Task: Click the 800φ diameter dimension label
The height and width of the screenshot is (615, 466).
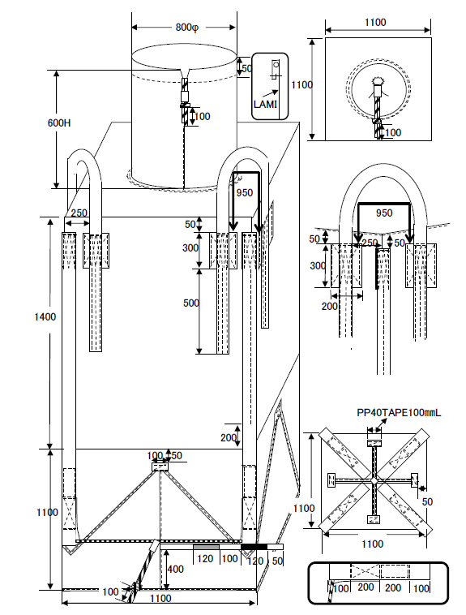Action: pyautogui.click(x=187, y=28)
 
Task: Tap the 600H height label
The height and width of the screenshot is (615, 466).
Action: pyautogui.click(x=59, y=123)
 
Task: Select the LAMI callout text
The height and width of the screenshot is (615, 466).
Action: pyautogui.click(x=265, y=105)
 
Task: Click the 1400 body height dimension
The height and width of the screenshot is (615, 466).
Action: pyautogui.click(x=45, y=316)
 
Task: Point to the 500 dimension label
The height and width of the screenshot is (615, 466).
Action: pyautogui.click(x=191, y=303)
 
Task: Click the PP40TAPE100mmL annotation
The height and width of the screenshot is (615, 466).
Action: pyautogui.click(x=399, y=413)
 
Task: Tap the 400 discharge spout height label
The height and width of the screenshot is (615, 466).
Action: pyautogui.click(x=175, y=569)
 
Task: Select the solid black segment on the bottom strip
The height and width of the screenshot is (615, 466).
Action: pyautogui.click(x=254, y=547)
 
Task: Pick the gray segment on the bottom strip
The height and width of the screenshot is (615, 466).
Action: pyautogui.click(x=206, y=547)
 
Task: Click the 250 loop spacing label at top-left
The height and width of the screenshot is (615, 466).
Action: pyautogui.click(x=79, y=213)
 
